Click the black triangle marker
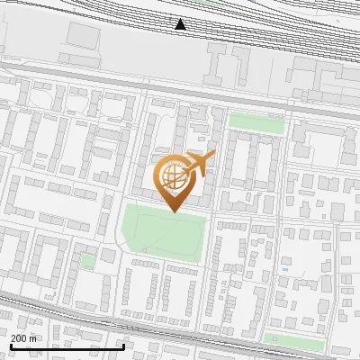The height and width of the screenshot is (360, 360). click(x=181, y=24)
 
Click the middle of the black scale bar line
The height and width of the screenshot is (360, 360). click(x=67, y=346)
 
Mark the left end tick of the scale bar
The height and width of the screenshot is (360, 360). click(x=10, y=345)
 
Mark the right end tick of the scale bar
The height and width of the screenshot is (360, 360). click(x=123, y=345)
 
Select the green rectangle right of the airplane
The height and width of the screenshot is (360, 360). click(x=256, y=121)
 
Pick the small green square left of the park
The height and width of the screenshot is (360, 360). click(x=88, y=261)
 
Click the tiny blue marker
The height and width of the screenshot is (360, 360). click(x=285, y=268)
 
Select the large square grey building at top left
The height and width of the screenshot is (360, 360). click(x=83, y=36)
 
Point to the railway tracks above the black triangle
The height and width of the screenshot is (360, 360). click(x=181, y=7)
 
